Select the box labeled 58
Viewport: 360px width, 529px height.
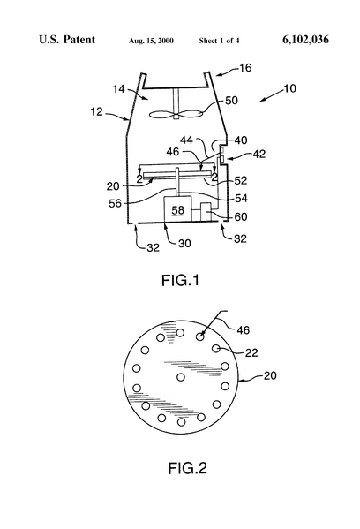[177, 211]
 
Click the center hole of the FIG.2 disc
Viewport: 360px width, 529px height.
[181, 377]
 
